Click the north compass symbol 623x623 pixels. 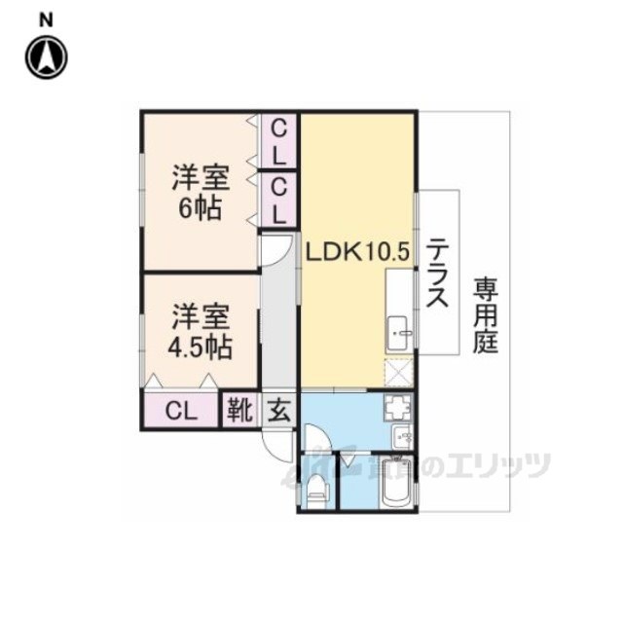(x=46, y=58)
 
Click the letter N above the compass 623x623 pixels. (x=46, y=18)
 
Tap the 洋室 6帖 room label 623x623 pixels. (x=201, y=193)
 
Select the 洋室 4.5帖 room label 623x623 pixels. (x=202, y=332)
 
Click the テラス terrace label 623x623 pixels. (x=438, y=274)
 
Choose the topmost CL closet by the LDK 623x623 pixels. (x=279, y=140)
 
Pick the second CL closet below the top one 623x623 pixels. (x=279, y=199)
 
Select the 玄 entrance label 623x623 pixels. (x=278, y=410)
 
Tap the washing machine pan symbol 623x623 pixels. (x=401, y=408)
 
